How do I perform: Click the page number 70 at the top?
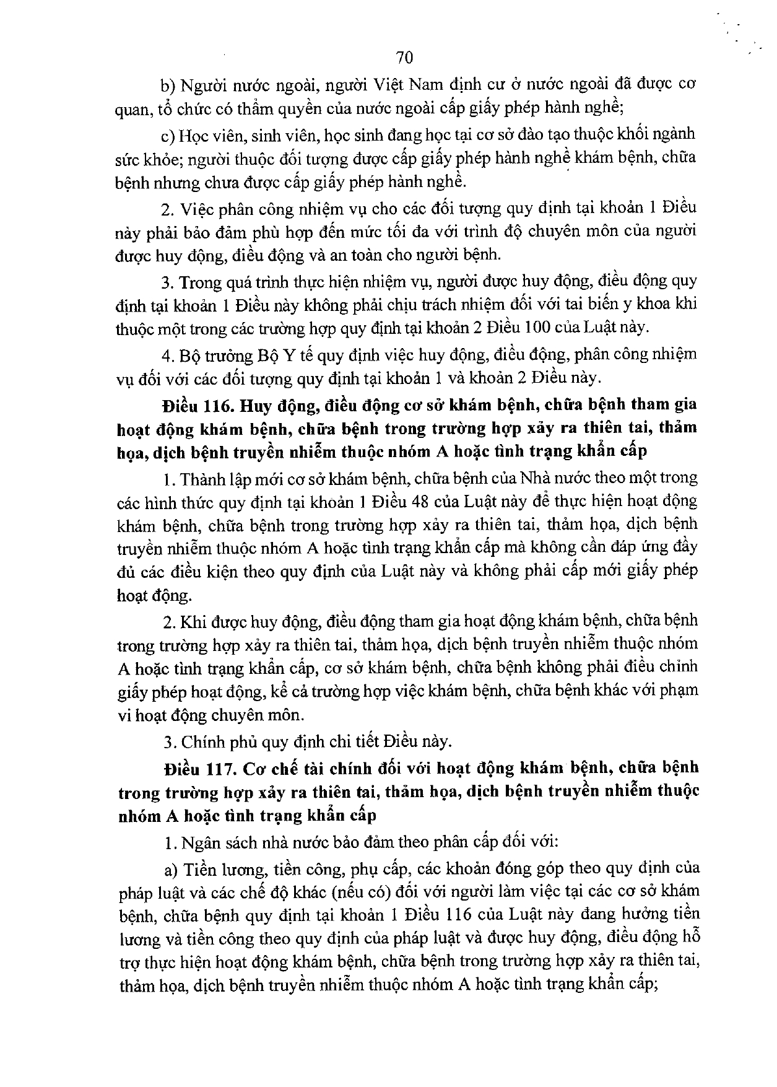click(x=404, y=58)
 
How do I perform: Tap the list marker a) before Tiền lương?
click(x=171, y=869)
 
